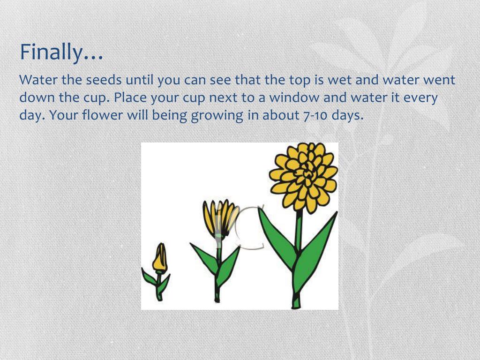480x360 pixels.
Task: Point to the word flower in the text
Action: click(x=102, y=115)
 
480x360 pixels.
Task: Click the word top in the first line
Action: click(x=300, y=80)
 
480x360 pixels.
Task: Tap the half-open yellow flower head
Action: click(x=220, y=217)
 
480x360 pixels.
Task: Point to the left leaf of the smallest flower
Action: click(x=150, y=277)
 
